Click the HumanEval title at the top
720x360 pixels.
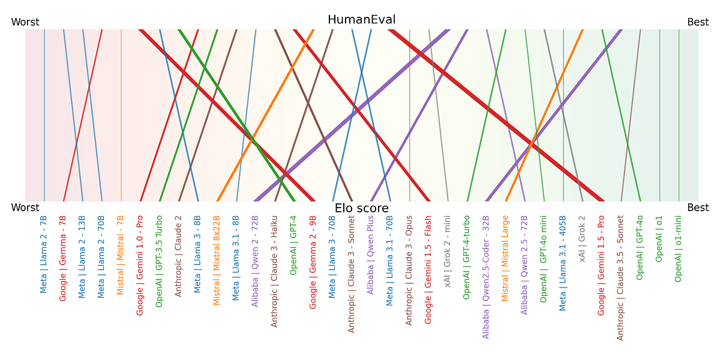coord(361,20)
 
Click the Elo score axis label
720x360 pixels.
coord(361,209)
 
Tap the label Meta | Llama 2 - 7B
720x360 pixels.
coord(44,254)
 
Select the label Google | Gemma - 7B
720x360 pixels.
coord(63,258)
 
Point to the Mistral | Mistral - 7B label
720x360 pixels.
coord(121,254)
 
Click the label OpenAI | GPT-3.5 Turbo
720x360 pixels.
coord(159,261)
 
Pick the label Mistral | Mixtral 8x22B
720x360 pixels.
coord(217,260)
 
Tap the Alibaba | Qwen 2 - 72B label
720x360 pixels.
coord(255,261)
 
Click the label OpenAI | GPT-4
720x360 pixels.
coord(293,245)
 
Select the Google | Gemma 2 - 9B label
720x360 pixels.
coord(313,262)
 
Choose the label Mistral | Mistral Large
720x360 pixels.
coord(505,259)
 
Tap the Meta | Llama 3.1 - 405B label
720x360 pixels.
coord(562,263)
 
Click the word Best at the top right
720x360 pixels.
coord(698,22)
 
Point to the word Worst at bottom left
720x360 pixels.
coord(25,208)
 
